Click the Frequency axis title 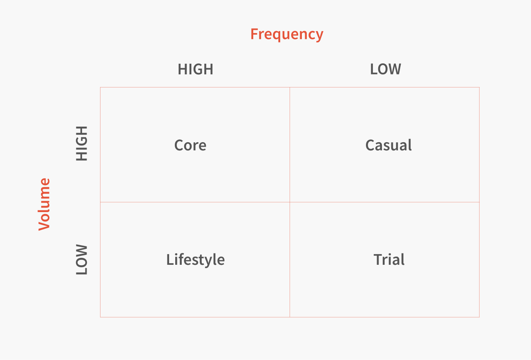click(287, 35)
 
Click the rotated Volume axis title click(45, 204)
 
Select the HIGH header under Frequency click(196, 69)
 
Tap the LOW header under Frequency click(386, 69)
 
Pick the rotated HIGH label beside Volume click(82, 143)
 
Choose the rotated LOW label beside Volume click(82, 260)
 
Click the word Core click(190, 145)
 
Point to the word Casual click(388, 145)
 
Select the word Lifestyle click(196, 260)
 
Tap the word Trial click(389, 259)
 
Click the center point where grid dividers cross click(290, 202)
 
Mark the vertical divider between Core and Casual click(290, 145)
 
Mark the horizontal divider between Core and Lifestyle click(195, 202)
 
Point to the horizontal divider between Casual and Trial click(384, 202)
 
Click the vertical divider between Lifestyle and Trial click(290, 260)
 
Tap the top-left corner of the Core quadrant click(100, 87)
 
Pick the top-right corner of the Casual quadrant click(479, 87)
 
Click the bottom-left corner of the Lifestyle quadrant click(100, 317)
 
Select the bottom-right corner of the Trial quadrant click(479, 317)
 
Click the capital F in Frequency click(254, 34)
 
